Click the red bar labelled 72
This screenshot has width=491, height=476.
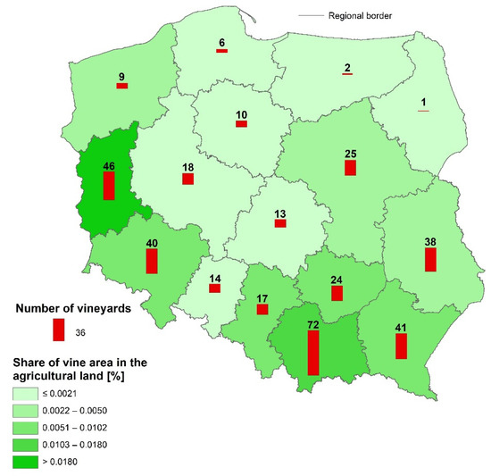click(312, 355)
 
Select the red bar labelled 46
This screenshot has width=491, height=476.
click(109, 186)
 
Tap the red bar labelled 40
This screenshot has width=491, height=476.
click(152, 262)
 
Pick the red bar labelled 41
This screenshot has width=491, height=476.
click(401, 346)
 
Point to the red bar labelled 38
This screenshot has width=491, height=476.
click(430, 259)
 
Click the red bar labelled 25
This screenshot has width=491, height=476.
click(351, 167)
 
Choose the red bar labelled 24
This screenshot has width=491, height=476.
click(337, 292)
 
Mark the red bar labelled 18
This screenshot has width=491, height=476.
click(187, 179)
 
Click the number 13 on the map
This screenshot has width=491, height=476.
click(279, 213)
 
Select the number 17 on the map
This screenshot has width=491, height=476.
click(262, 298)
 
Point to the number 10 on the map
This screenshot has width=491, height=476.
click(241, 114)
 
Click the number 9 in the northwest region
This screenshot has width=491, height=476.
click(121, 76)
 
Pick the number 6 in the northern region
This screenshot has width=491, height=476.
click(221, 41)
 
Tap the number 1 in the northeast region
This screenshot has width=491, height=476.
click(423, 101)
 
